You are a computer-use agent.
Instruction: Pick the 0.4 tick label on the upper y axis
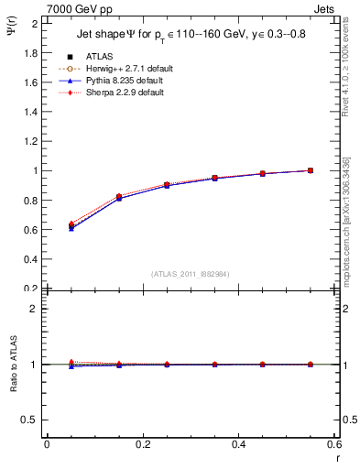point(31,259)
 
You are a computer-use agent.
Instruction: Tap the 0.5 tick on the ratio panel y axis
point(31,420)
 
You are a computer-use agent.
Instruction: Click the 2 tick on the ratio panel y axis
point(36,309)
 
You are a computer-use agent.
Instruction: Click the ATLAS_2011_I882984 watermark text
point(191,274)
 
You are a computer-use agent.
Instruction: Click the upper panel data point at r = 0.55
point(311,170)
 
